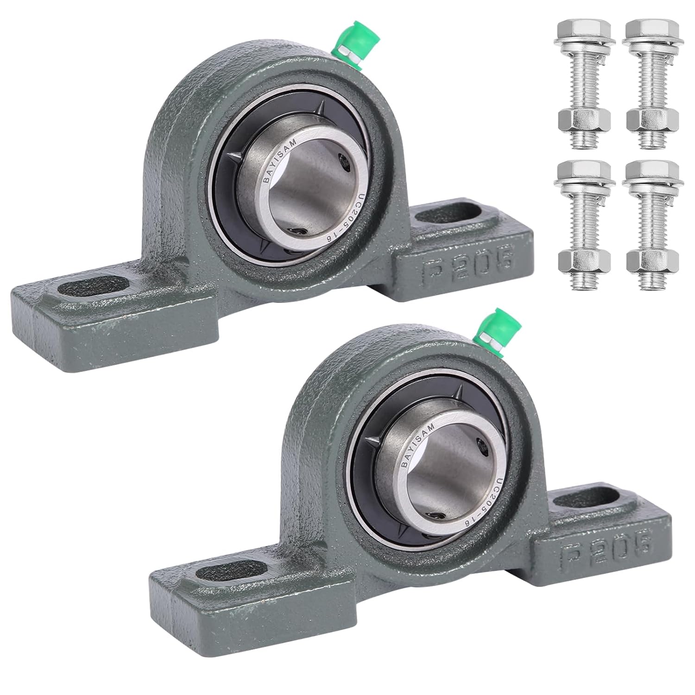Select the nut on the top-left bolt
click(x=585, y=121)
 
